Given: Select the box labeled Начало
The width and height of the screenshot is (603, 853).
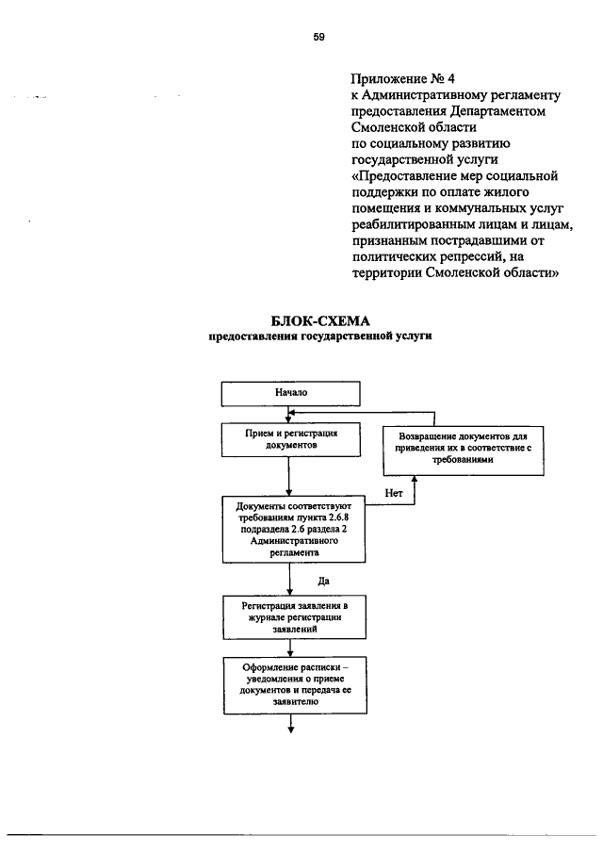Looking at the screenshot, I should [291, 392].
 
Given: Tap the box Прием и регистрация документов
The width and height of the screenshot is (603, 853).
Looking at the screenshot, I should [291, 440].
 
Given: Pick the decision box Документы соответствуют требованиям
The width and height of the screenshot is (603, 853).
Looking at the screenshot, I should [293, 531].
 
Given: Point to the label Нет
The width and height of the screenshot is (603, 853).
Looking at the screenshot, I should [396, 493].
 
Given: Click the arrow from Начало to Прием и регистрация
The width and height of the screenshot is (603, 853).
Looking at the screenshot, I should [291, 415].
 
